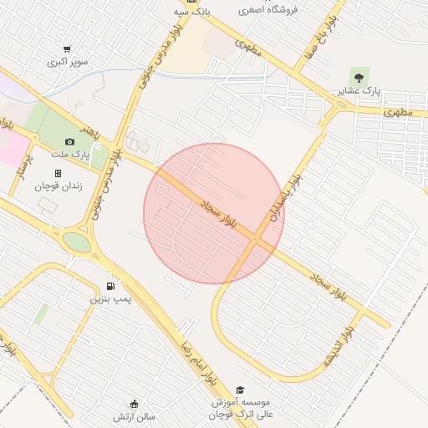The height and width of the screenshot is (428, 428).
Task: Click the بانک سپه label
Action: [x=192, y=13]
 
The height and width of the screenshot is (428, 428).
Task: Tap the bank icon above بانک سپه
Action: [x=193, y=2]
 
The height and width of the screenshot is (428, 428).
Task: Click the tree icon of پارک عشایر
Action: [x=359, y=77]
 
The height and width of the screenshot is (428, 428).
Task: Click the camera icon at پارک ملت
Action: [x=69, y=142]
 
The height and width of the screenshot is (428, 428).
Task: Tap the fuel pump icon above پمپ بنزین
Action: [x=111, y=285]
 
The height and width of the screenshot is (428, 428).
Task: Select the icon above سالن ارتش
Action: [x=134, y=404]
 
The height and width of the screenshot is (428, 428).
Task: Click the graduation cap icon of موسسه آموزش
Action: [x=241, y=390]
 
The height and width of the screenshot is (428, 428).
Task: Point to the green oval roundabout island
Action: [x=76, y=242]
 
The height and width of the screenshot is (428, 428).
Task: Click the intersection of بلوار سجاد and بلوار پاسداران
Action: [x=255, y=240]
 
